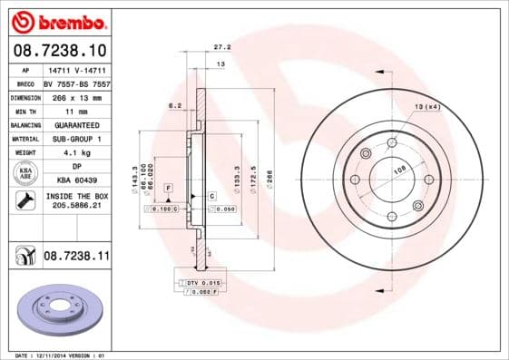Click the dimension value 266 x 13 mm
pos(75,95)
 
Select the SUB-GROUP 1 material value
pos(75,139)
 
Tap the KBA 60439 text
pos(75,181)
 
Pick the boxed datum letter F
pos(168,186)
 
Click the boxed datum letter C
pos(211,196)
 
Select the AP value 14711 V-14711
pos(75,69)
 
